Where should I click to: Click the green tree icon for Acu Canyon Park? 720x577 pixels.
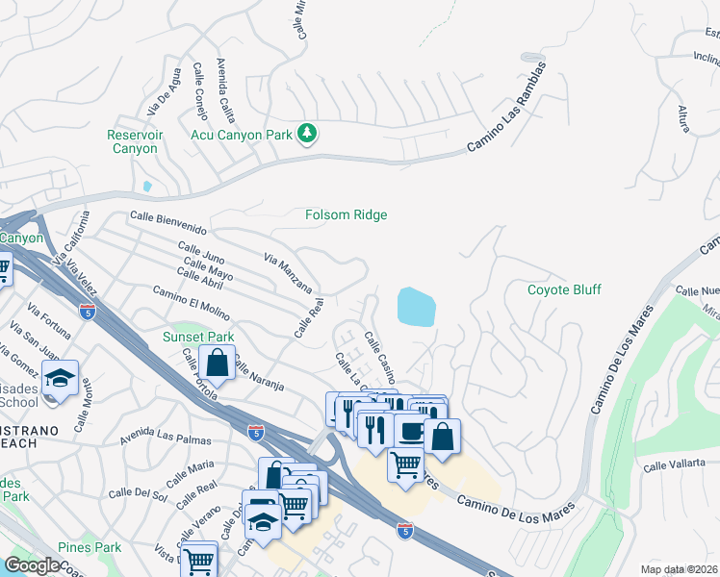tap(307, 133)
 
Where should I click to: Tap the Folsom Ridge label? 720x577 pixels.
tap(347, 214)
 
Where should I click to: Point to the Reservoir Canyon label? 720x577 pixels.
tap(134, 141)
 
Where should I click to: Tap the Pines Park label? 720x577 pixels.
tap(89, 547)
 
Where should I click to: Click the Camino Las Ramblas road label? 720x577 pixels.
tap(506, 108)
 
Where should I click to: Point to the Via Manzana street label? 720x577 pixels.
tap(288, 272)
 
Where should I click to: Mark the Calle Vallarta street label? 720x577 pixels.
tap(681, 464)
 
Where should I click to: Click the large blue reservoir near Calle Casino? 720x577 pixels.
tap(416, 307)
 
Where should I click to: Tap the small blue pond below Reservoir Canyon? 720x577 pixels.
tap(146, 186)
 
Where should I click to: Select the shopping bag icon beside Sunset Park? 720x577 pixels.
tap(218, 363)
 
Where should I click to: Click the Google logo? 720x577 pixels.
tap(32, 564)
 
